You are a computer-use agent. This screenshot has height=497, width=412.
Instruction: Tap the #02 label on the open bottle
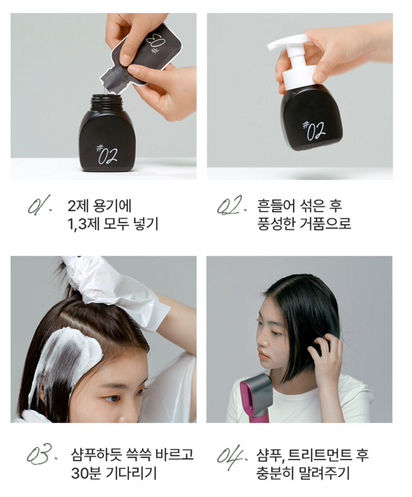point(107,154)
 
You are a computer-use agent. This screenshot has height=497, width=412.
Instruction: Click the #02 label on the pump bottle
point(314,130)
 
